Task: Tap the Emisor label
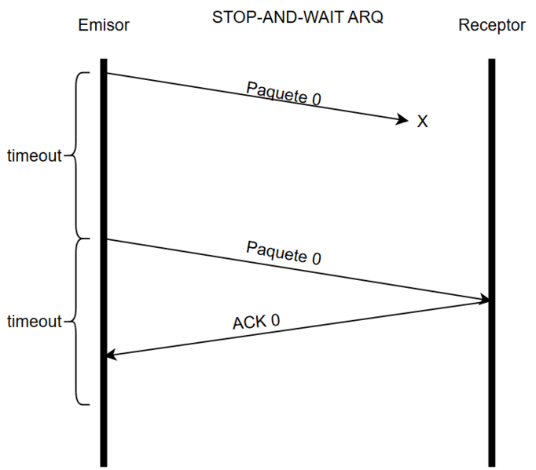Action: [104, 25]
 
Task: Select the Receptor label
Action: [492, 25]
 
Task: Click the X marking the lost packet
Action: [422, 122]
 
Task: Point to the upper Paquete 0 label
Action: [284, 93]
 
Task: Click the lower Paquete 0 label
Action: [284, 253]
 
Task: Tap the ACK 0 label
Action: [256, 321]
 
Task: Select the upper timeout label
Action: [34, 155]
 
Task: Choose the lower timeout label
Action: [34, 321]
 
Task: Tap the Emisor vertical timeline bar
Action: [103, 424]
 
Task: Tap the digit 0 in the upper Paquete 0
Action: [317, 100]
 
